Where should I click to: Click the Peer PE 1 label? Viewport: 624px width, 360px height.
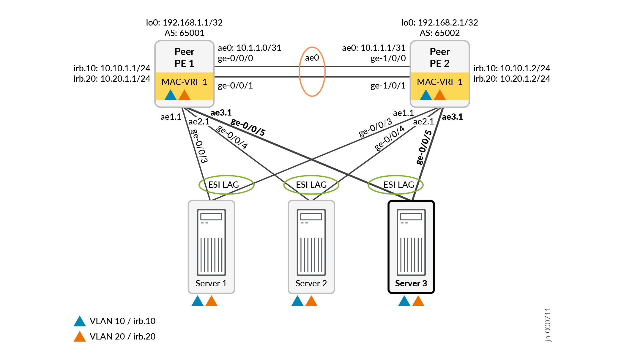tap(184, 57)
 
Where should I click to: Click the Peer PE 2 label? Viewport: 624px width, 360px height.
tap(439, 57)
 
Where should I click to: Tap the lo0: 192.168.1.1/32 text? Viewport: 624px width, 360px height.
tap(184, 23)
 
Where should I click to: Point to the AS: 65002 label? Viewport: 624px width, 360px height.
tap(439, 33)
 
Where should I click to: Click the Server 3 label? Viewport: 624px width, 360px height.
tap(411, 283)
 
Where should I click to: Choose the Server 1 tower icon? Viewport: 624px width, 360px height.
tap(211, 242)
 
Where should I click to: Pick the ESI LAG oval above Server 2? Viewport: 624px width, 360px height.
tap(311, 185)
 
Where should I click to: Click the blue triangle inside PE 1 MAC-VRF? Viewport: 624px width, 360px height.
tap(171, 95)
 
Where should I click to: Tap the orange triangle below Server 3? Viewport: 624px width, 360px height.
tap(418, 301)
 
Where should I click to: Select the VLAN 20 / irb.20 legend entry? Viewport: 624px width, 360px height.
tap(122, 337)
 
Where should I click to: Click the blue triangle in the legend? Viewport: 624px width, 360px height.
tap(80, 321)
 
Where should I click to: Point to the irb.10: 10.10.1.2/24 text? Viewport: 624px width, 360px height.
tap(512, 68)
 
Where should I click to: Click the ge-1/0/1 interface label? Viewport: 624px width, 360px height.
tap(388, 86)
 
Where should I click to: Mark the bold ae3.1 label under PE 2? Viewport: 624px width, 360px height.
tap(452, 117)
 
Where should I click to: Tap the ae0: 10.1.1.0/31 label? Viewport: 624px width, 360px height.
tap(249, 48)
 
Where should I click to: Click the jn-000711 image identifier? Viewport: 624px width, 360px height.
tap(548, 325)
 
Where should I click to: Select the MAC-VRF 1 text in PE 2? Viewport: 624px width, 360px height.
tap(439, 82)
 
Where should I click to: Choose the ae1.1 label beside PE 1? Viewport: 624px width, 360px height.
tap(171, 117)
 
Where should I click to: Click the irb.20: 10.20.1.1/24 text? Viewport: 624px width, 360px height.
tap(112, 79)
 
